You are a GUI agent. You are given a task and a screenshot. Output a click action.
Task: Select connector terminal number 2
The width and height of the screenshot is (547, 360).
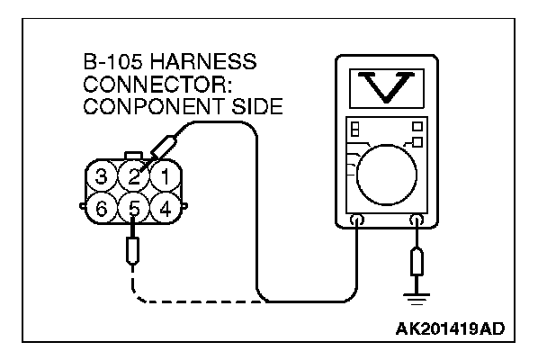pos(135,175)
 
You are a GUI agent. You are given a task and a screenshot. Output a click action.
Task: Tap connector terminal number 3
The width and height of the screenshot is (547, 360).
pos(104,175)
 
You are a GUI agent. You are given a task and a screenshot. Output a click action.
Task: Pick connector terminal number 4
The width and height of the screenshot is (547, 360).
pos(165,209)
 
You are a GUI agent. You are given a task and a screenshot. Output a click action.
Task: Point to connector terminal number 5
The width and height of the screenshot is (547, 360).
pos(135,209)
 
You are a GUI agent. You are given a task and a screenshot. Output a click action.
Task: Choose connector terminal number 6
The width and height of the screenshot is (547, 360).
pos(104,209)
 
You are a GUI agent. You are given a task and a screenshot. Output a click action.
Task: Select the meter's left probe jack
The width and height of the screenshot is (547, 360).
pos(357,220)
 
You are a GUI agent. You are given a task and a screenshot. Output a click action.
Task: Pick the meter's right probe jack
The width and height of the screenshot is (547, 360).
pos(416,220)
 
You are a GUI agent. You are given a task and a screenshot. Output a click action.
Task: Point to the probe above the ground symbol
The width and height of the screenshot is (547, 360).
pos(416,263)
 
